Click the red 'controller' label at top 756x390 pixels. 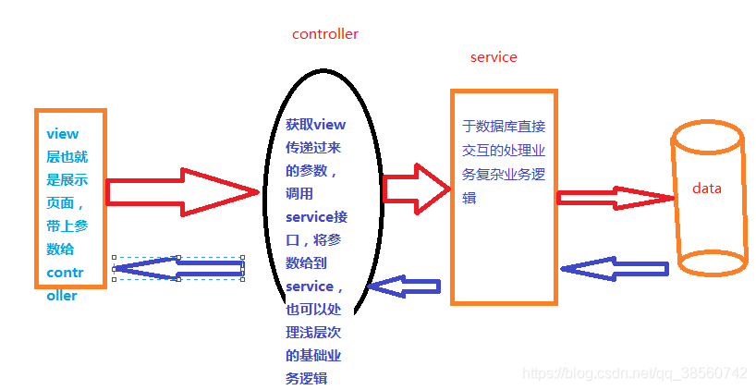[324, 34]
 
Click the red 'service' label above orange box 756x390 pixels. [494, 57]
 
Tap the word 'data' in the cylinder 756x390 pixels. [706, 189]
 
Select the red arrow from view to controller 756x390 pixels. [181, 192]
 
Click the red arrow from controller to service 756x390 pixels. [416, 189]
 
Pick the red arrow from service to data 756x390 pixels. [616, 197]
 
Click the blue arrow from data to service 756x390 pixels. [614, 269]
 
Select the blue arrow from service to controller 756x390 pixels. [403, 287]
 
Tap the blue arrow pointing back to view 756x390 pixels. [177, 268]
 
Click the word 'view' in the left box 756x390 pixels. [63, 134]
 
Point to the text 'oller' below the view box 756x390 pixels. [62, 297]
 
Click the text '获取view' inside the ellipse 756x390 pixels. [314, 124]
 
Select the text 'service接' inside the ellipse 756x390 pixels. [314, 217]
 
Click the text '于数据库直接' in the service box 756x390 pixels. [505, 127]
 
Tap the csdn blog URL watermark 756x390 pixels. [634, 373]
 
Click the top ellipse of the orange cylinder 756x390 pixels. [708, 137]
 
